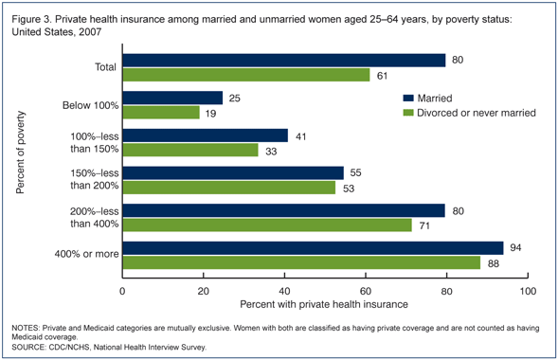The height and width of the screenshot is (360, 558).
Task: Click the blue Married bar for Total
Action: [x=284, y=61]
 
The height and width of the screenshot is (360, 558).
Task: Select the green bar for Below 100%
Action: [x=161, y=112]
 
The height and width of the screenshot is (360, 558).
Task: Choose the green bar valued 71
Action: [x=266, y=225]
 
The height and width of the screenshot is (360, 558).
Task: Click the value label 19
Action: [x=212, y=112]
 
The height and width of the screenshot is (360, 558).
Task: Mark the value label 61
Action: [x=383, y=75]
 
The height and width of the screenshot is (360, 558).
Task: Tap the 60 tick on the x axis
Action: [x=366, y=290]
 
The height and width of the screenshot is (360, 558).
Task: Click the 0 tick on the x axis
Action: [x=123, y=290]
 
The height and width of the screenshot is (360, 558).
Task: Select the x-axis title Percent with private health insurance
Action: [x=325, y=304]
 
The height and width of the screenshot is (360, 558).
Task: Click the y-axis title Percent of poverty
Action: [x=19, y=153]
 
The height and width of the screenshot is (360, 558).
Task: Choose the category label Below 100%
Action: [x=86, y=104]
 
